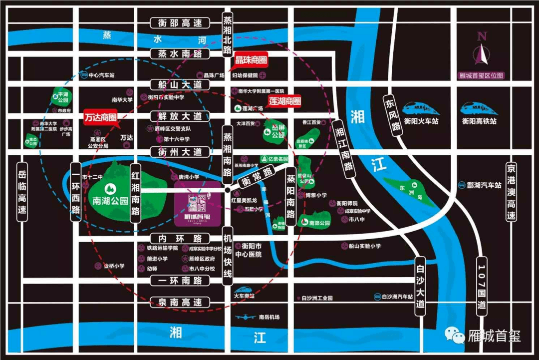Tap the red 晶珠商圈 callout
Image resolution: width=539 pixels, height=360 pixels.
pos(251,60)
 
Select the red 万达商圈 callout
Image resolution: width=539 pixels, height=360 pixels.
pos(100,117)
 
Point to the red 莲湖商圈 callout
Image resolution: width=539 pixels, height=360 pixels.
pos(285,101)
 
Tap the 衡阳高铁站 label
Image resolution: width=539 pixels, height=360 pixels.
pos(479,121)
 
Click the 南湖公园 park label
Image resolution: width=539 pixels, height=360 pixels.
pos(110,201)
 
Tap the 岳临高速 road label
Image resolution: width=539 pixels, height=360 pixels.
pos(21,192)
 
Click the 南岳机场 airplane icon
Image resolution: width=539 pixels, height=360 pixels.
pos(247,317)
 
